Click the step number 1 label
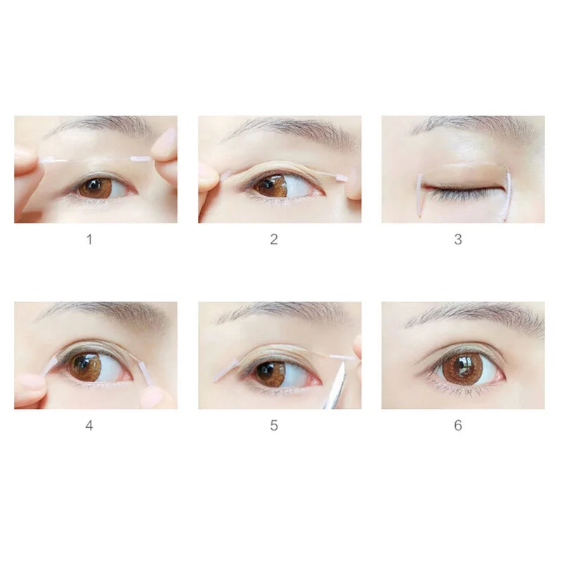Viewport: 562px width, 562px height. (x=89, y=240)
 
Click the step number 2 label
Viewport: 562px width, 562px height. (x=274, y=240)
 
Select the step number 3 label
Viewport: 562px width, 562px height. (x=458, y=240)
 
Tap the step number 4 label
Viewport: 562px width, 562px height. (x=89, y=426)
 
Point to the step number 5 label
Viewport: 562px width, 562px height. (x=274, y=426)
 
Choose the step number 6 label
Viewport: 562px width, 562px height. (x=458, y=426)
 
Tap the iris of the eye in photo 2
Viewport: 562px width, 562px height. (x=270, y=185)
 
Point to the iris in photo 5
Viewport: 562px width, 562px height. (x=270, y=373)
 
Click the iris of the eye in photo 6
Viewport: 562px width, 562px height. (x=462, y=367)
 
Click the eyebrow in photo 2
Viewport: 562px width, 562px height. (x=281, y=129)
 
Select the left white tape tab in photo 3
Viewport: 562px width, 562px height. (x=419, y=193)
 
